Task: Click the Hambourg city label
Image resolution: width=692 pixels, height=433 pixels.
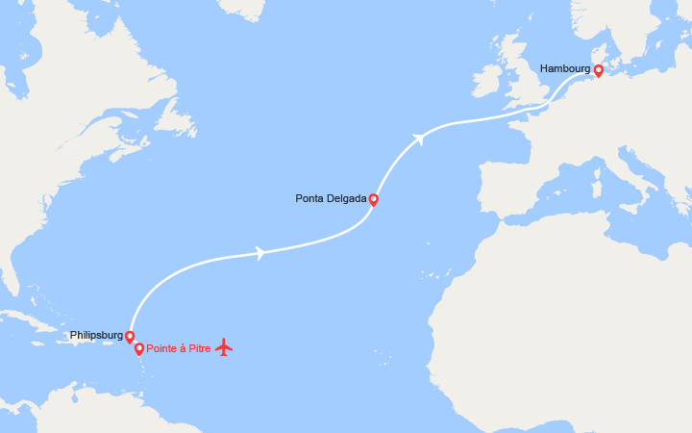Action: coord(565,68)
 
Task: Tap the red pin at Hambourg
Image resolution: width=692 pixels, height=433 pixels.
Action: coord(598,70)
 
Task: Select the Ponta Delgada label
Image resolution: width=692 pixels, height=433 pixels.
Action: coord(331,199)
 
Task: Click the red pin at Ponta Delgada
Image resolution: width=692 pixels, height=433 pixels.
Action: coord(373,200)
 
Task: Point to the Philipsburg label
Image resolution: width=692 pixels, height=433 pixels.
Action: coord(95,336)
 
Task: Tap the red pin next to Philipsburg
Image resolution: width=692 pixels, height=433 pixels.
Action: coord(129,337)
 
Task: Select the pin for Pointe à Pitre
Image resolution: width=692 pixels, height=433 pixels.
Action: coord(139,348)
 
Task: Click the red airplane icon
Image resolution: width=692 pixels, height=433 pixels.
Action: coord(224,346)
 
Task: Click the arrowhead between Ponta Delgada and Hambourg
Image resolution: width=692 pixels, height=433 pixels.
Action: coord(418,140)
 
